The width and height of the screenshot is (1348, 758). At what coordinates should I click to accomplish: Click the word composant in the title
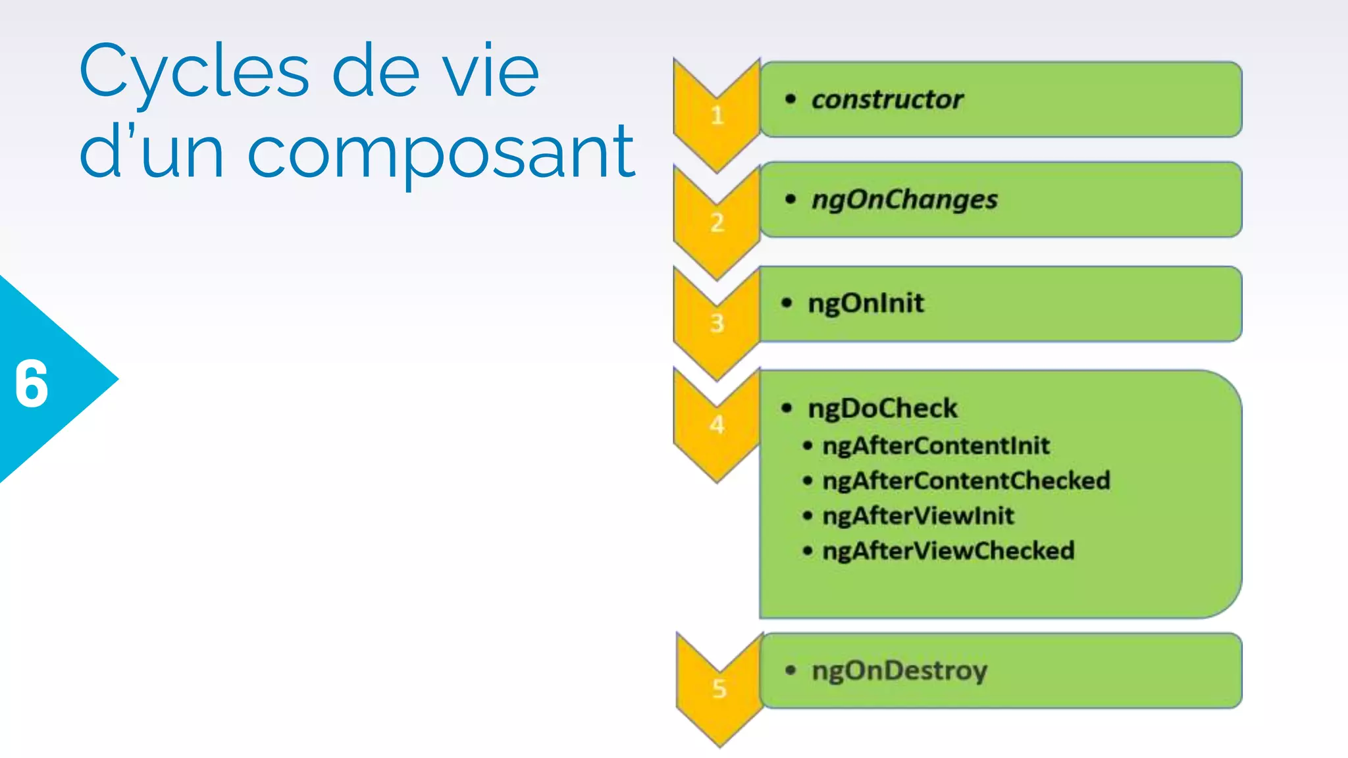pyautogui.click(x=440, y=153)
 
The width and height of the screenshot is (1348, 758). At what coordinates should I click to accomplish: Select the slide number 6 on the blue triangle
pyautogui.click(x=32, y=384)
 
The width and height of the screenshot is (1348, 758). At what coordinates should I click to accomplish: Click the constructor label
pyautogui.click(x=887, y=100)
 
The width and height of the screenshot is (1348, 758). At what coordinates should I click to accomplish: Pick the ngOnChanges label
pyautogui.click(x=904, y=200)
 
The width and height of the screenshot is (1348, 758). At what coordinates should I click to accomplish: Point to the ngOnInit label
pyautogui.click(x=866, y=303)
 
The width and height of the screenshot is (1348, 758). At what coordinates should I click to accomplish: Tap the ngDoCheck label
pyautogui.click(x=882, y=409)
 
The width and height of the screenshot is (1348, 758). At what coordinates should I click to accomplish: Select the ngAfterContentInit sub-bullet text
pyautogui.click(x=935, y=446)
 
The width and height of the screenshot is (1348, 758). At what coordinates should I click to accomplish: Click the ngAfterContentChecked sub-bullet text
pyautogui.click(x=966, y=481)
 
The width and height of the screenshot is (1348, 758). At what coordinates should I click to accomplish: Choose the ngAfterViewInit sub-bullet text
pyautogui.click(x=918, y=516)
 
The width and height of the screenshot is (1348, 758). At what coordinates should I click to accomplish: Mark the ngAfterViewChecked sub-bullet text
pyautogui.click(x=948, y=551)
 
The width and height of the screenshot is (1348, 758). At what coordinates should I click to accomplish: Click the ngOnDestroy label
pyautogui.click(x=899, y=671)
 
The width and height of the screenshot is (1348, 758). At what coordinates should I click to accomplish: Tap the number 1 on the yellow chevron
pyautogui.click(x=717, y=116)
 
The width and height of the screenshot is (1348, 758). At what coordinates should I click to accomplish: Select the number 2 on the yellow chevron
pyautogui.click(x=717, y=223)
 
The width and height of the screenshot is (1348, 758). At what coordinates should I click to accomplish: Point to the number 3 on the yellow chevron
pyautogui.click(x=717, y=324)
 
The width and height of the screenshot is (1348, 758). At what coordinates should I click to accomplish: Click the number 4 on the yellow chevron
pyautogui.click(x=717, y=425)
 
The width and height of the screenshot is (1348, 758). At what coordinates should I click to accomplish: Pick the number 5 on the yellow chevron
pyautogui.click(x=719, y=689)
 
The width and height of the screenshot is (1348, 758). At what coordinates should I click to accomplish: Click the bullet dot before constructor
pyautogui.click(x=791, y=99)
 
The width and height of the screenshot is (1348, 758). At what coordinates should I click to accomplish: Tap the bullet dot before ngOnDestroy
pyautogui.click(x=791, y=670)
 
